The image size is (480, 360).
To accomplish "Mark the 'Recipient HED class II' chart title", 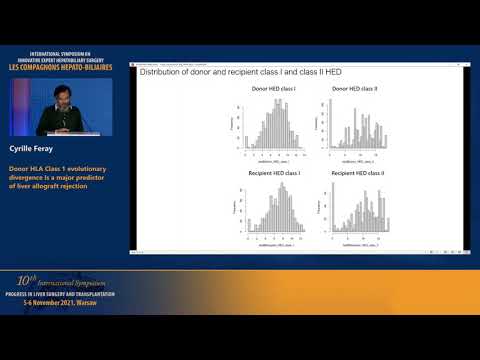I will click(355, 173).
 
